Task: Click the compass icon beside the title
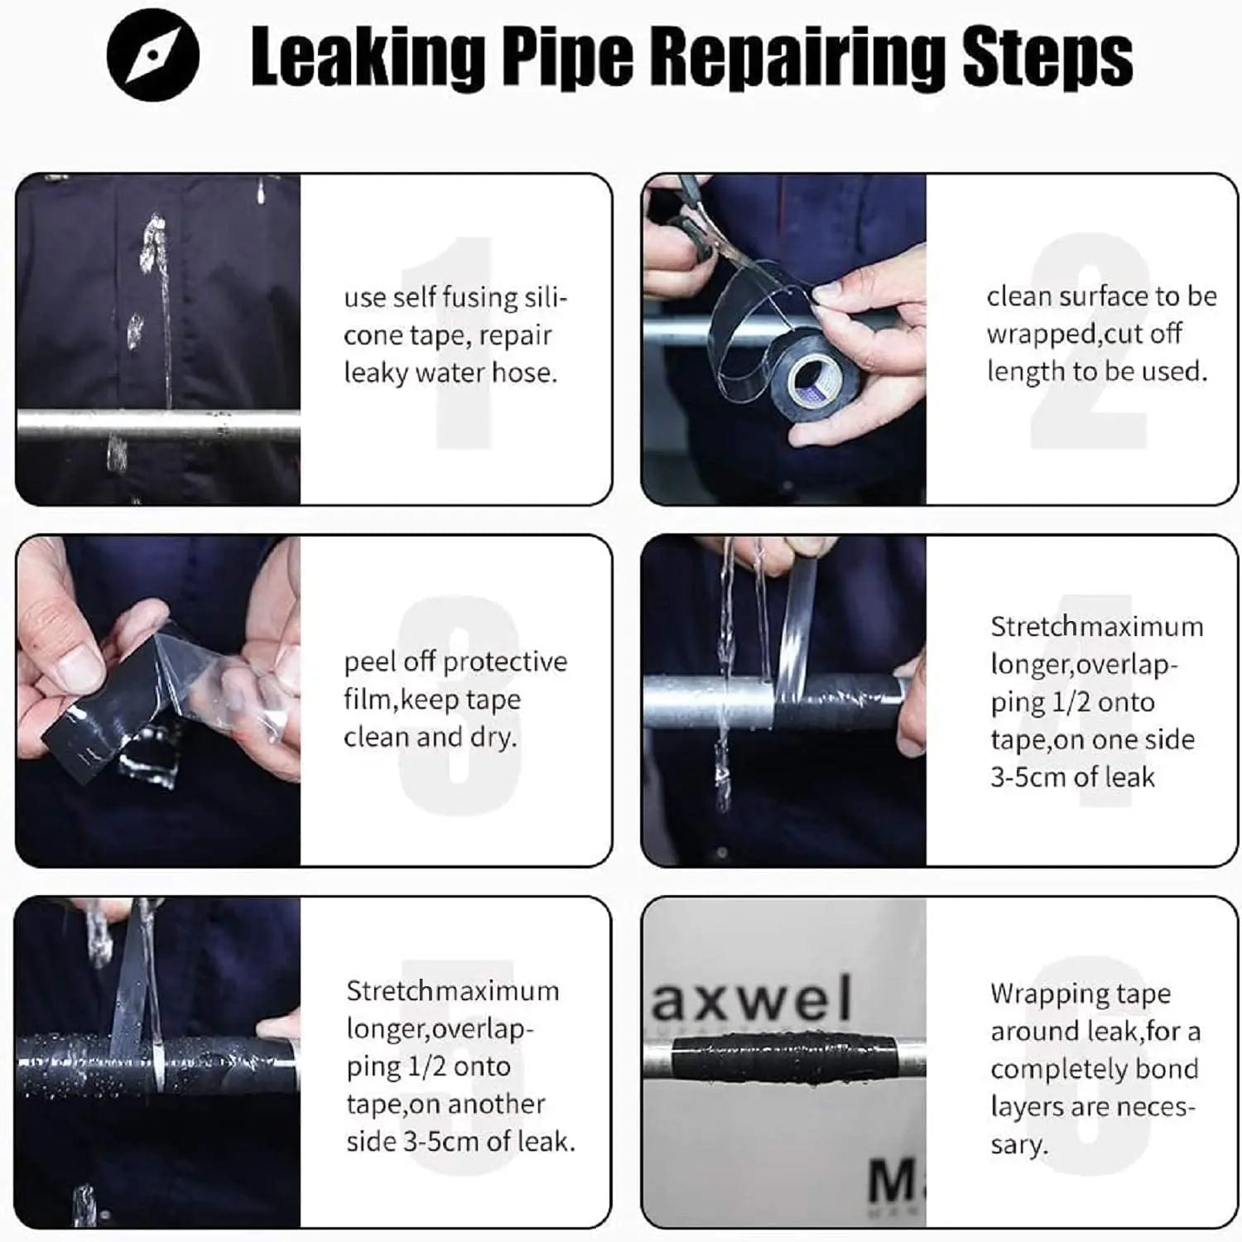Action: [153, 55]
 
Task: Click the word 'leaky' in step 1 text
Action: [375, 373]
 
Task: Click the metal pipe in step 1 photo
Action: [157, 424]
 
